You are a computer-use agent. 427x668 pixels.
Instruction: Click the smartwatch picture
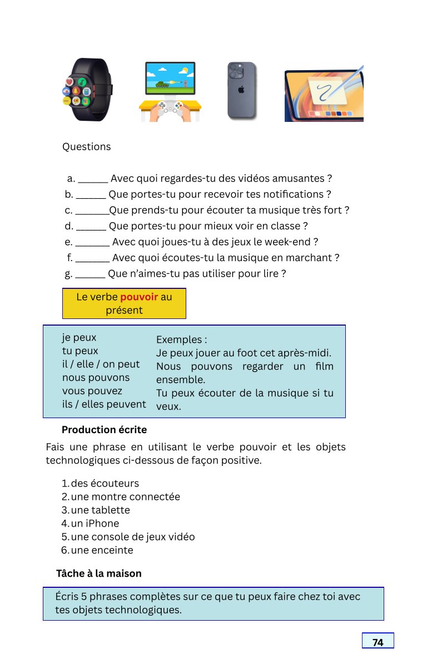(87, 90)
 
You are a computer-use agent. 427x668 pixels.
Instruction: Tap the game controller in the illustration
(170, 109)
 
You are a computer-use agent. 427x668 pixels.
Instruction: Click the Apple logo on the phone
(241, 89)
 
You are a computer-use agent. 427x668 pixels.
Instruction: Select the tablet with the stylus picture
(324, 95)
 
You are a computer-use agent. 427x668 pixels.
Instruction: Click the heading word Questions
(86, 147)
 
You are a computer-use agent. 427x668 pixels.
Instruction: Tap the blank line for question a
(93, 180)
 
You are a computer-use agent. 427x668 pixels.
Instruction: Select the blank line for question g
(90, 275)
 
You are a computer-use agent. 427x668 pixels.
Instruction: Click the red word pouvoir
(139, 297)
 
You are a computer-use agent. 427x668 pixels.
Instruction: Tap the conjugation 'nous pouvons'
(96, 378)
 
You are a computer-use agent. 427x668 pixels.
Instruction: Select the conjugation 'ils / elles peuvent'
(104, 404)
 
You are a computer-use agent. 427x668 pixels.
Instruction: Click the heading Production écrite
(104, 430)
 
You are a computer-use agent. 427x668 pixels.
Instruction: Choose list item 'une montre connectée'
(125, 497)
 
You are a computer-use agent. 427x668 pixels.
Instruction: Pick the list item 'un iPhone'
(95, 523)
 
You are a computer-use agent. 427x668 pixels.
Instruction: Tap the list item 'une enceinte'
(102, 550)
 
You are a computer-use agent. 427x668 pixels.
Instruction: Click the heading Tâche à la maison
(99, 573)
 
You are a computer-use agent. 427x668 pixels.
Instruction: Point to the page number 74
(378, 642)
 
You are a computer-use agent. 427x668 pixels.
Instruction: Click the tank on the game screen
(162, 84)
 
